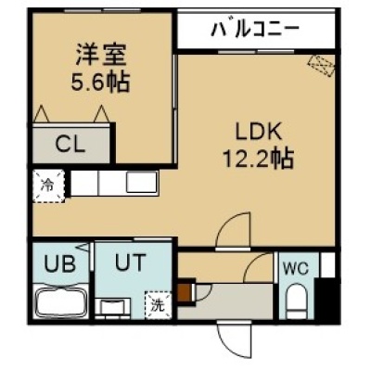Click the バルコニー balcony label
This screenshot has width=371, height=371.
pyautogui.click(x=255, y=30)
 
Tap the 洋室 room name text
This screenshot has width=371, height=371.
pyautogui.click(x=101, y=55)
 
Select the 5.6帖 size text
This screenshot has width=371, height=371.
pyautogui.click(x=100, y=82)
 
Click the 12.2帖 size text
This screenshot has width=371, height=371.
pyautogui.click(x=258, y=159)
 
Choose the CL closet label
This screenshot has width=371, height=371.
pyautogui.click(x=70, y=145)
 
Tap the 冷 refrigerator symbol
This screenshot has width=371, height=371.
pyautogui.click(x=49, y=186)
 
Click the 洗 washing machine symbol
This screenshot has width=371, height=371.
pyautogui.click(x=158, y=305)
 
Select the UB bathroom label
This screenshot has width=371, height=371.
pyautogui.click(x=59, y=264)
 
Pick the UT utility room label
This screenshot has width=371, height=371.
pyautogui.click(x=130, y=262)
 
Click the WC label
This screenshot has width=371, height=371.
pyautogui.click(x=296, y=268)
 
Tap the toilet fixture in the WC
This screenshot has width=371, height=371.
pyautogui.click(x=296, y=301)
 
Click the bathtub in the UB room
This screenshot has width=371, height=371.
pyautogui.click(x=62, y=301)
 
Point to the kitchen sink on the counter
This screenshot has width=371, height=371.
pyautogui.click(x=142, y=183)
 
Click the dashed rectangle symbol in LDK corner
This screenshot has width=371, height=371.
pyautogui.click(x=322, y=66)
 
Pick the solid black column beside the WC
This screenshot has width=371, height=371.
pyautogui.click(x=327, y=300)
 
